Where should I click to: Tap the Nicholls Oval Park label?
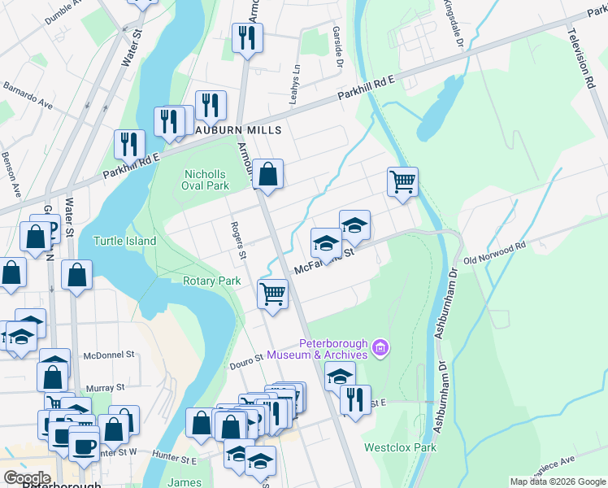pyautogui.click(x=206, y=180)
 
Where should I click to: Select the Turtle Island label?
pyautogui.click(x=123, y=241)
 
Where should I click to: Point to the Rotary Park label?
pyautogui.click(x=212, y=281)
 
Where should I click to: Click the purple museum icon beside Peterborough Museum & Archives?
pyautogui.click(x=379, y=349)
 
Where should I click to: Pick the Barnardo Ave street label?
pyautogui.click(x=28, y=94)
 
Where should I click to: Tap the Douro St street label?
pyautogui.click(x=248, y=356)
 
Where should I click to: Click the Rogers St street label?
pyautogui.click(x=237, y=241)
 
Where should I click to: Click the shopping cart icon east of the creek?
pyautogui.click(x=402, y=181)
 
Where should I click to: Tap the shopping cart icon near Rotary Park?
pyautogui.click(x=272, y=293)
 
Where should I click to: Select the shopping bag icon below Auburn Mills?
pyautogui.click(x=267, y=173)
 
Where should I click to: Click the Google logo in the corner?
pyautogui.click(x=27, y=477)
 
